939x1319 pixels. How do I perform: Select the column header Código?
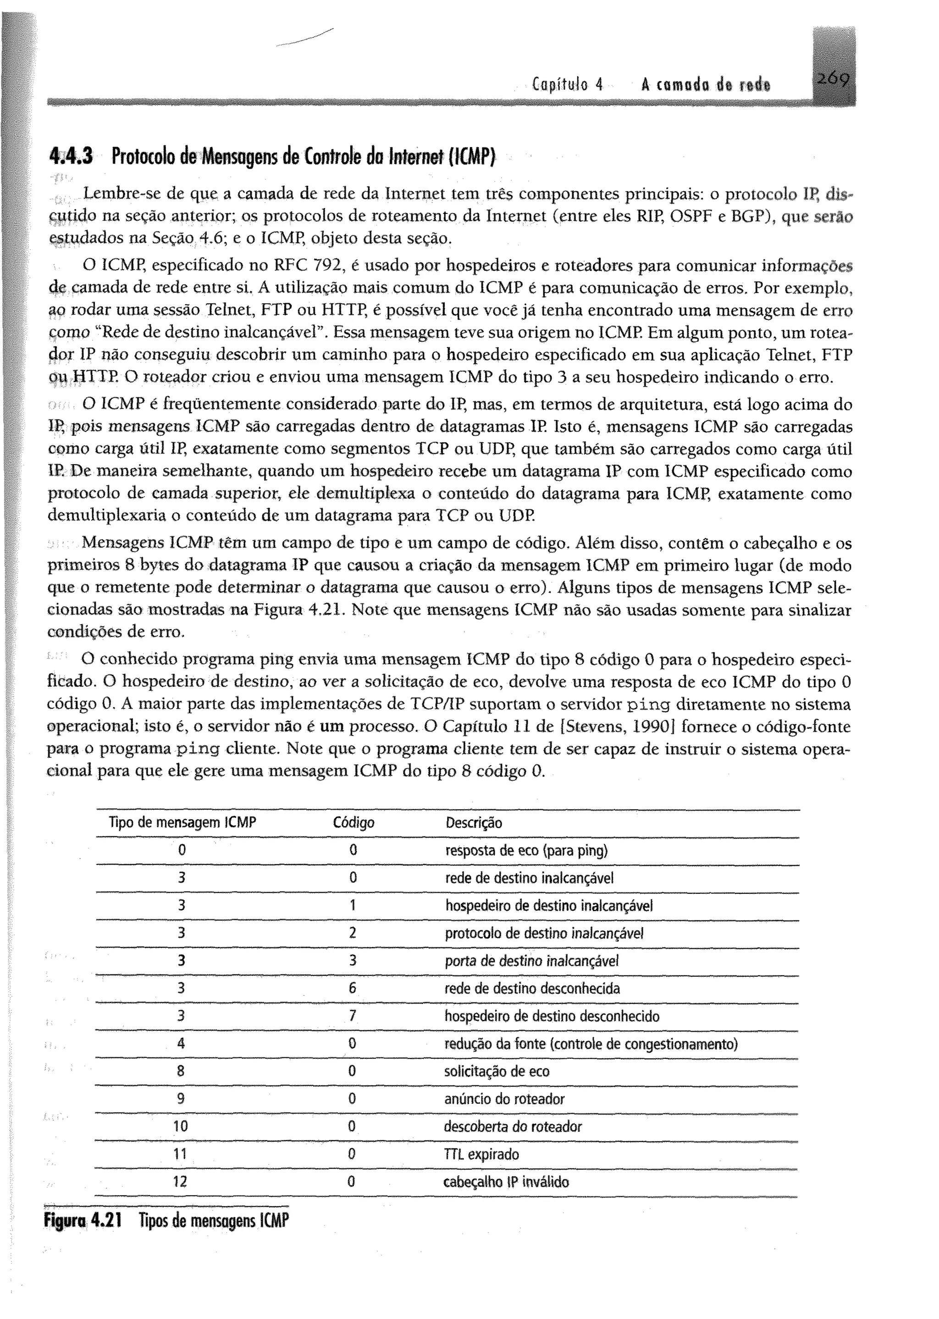[x=354, y=823]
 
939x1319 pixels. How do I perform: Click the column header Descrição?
[x=474, y=823]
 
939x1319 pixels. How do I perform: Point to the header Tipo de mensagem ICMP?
[x=182, y=823]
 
